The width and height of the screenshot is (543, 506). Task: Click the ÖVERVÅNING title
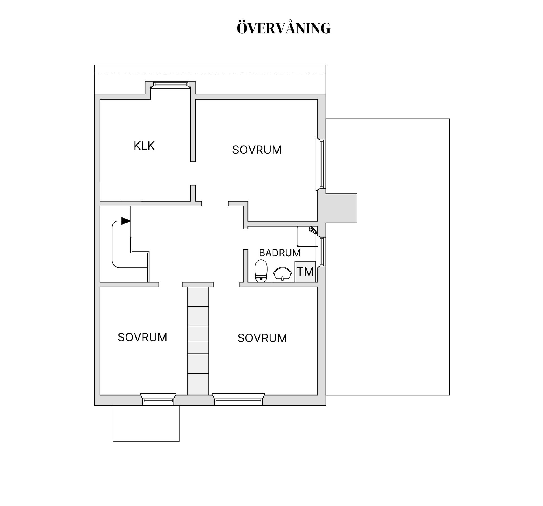[x=283, y=28]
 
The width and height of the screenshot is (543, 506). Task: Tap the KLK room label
[x=144, y=146]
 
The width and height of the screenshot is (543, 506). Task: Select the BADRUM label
[x=279, y=253]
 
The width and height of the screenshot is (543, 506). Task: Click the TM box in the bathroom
[x=305, y=272]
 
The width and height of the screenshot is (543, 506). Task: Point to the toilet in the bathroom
[x=261, y=271]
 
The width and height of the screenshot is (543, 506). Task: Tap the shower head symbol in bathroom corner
[x=313, y=230]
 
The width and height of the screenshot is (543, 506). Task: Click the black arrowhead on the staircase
[x=126, y=221]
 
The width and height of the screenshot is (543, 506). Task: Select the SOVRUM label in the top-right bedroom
[x=257, y=150]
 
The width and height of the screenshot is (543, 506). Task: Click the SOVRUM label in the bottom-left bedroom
[x=142, y=337]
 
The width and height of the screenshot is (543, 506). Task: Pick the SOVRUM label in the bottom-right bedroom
[x=262, y=338]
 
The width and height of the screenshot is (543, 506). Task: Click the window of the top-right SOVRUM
[x=321, y=164]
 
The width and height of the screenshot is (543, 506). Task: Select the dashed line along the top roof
[x=210, y=74]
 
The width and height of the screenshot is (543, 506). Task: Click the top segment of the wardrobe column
[x=198, y=296]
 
